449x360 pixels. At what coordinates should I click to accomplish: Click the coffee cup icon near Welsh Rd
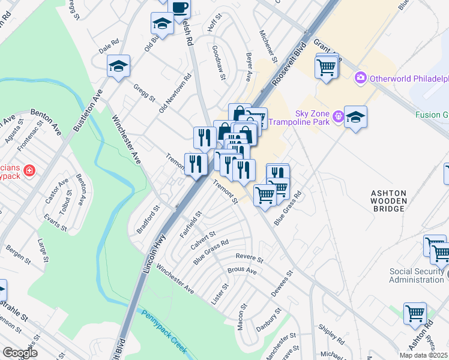(180, 8)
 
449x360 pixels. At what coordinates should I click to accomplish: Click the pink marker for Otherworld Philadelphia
(361, 78)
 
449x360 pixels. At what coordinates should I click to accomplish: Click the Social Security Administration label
(417, 275)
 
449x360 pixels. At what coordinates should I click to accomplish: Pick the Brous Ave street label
(242, 271)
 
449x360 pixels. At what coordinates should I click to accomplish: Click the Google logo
(20, 353)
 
